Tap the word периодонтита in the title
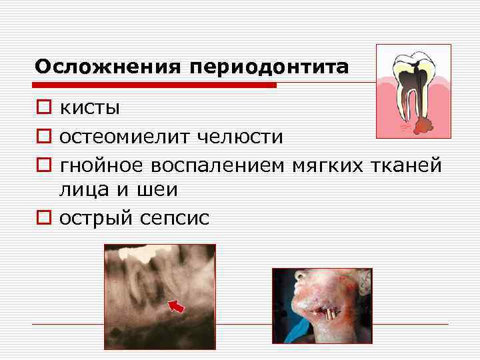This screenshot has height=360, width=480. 269,68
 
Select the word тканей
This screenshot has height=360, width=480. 408,164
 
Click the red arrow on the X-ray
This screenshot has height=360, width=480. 177,306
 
